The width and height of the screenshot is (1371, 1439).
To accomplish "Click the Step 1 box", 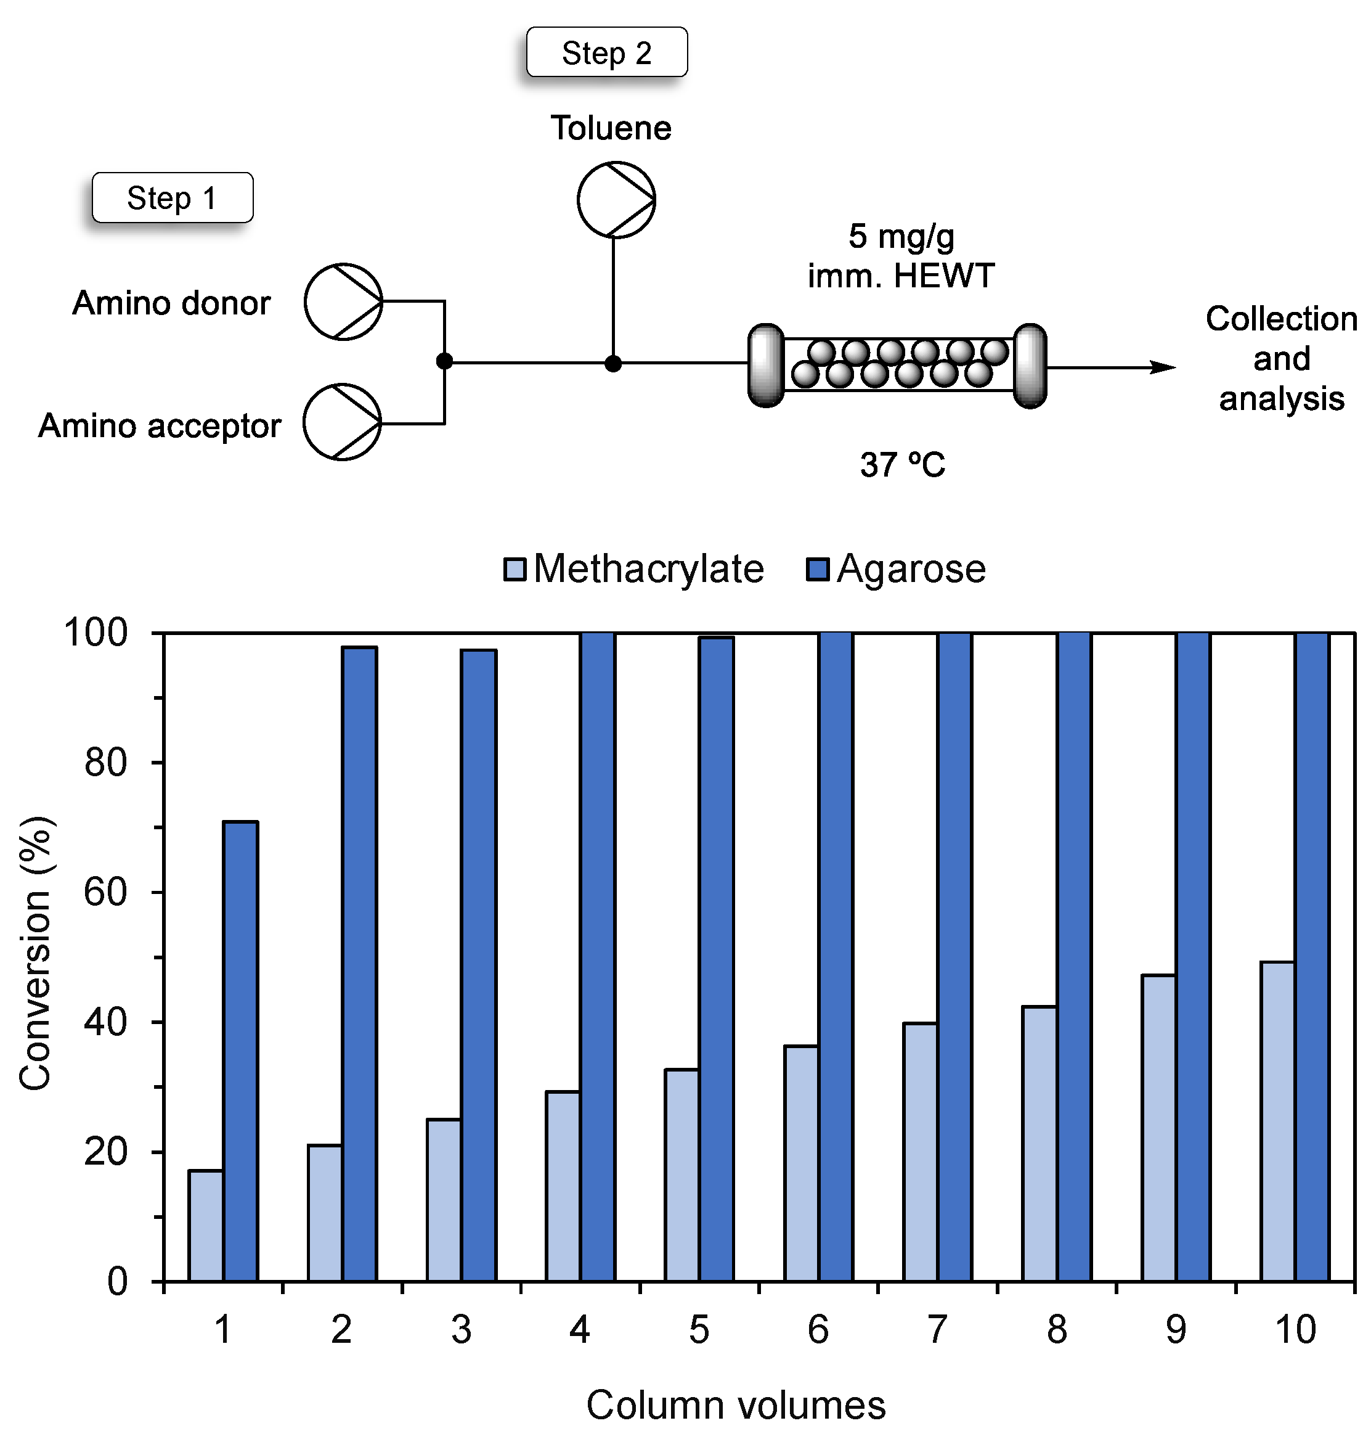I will [173, 197].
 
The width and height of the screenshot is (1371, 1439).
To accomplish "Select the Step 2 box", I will [606, 52].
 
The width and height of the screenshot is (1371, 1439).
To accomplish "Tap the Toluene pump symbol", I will [616, 200].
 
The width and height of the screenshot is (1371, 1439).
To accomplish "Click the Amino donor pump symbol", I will [343, 301].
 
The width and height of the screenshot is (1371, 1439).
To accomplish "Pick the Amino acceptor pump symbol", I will [342, 422].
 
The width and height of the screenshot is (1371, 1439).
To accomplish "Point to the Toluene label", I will [611, 128].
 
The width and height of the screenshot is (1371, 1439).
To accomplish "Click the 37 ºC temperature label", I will [902, 464].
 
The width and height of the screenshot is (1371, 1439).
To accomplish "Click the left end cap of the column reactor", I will [766, 365].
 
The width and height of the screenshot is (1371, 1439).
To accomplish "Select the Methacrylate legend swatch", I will [515, 570].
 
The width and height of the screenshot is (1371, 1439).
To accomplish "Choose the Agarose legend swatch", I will [817, 570].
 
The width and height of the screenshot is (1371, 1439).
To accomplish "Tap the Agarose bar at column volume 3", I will [479, 965].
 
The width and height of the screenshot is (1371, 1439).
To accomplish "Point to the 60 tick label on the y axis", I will [105, 893].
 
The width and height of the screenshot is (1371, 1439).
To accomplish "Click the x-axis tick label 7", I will [937, 1329].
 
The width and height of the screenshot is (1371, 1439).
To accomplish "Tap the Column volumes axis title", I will [736, 1405].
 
